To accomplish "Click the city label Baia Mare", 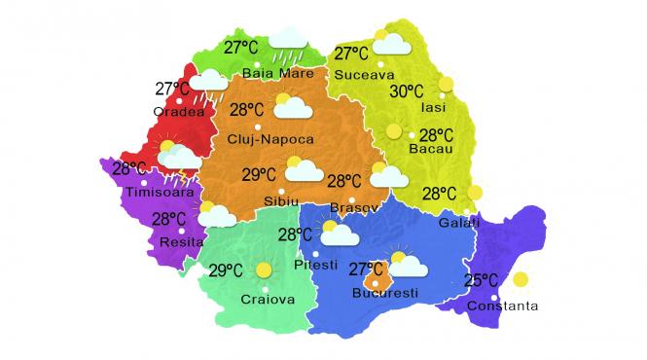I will (x=278, y=73).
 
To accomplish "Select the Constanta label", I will (x=502, y=307).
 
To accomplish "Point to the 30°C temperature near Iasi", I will (x=409, y=92).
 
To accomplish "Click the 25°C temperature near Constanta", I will (x=483, y=281).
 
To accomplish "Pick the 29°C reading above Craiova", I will (x=225, y=270).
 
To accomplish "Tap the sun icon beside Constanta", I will (x=521, y=280).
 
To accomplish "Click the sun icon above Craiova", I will (x=263, y=270).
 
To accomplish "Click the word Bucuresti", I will (x=386, y=293).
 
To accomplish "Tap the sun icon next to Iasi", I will (x=447, y=85).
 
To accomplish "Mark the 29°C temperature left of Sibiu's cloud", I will (x=259, y=175).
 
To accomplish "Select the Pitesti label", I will (x=315, y=265).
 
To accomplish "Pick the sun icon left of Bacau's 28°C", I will (x=393, y=131).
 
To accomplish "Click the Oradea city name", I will (x=179, y=111).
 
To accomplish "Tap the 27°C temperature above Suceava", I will (x=351, y=54).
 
